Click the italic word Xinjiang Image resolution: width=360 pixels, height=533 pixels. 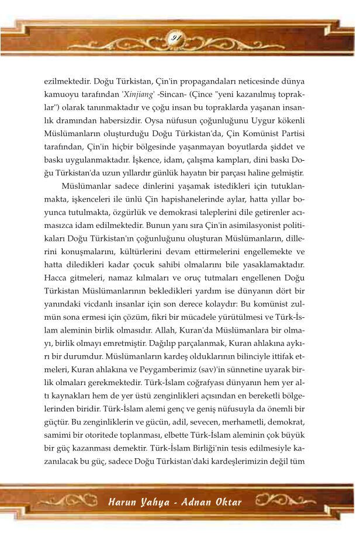point(139,94)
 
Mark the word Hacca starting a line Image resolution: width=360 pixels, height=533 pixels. point(56,278)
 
